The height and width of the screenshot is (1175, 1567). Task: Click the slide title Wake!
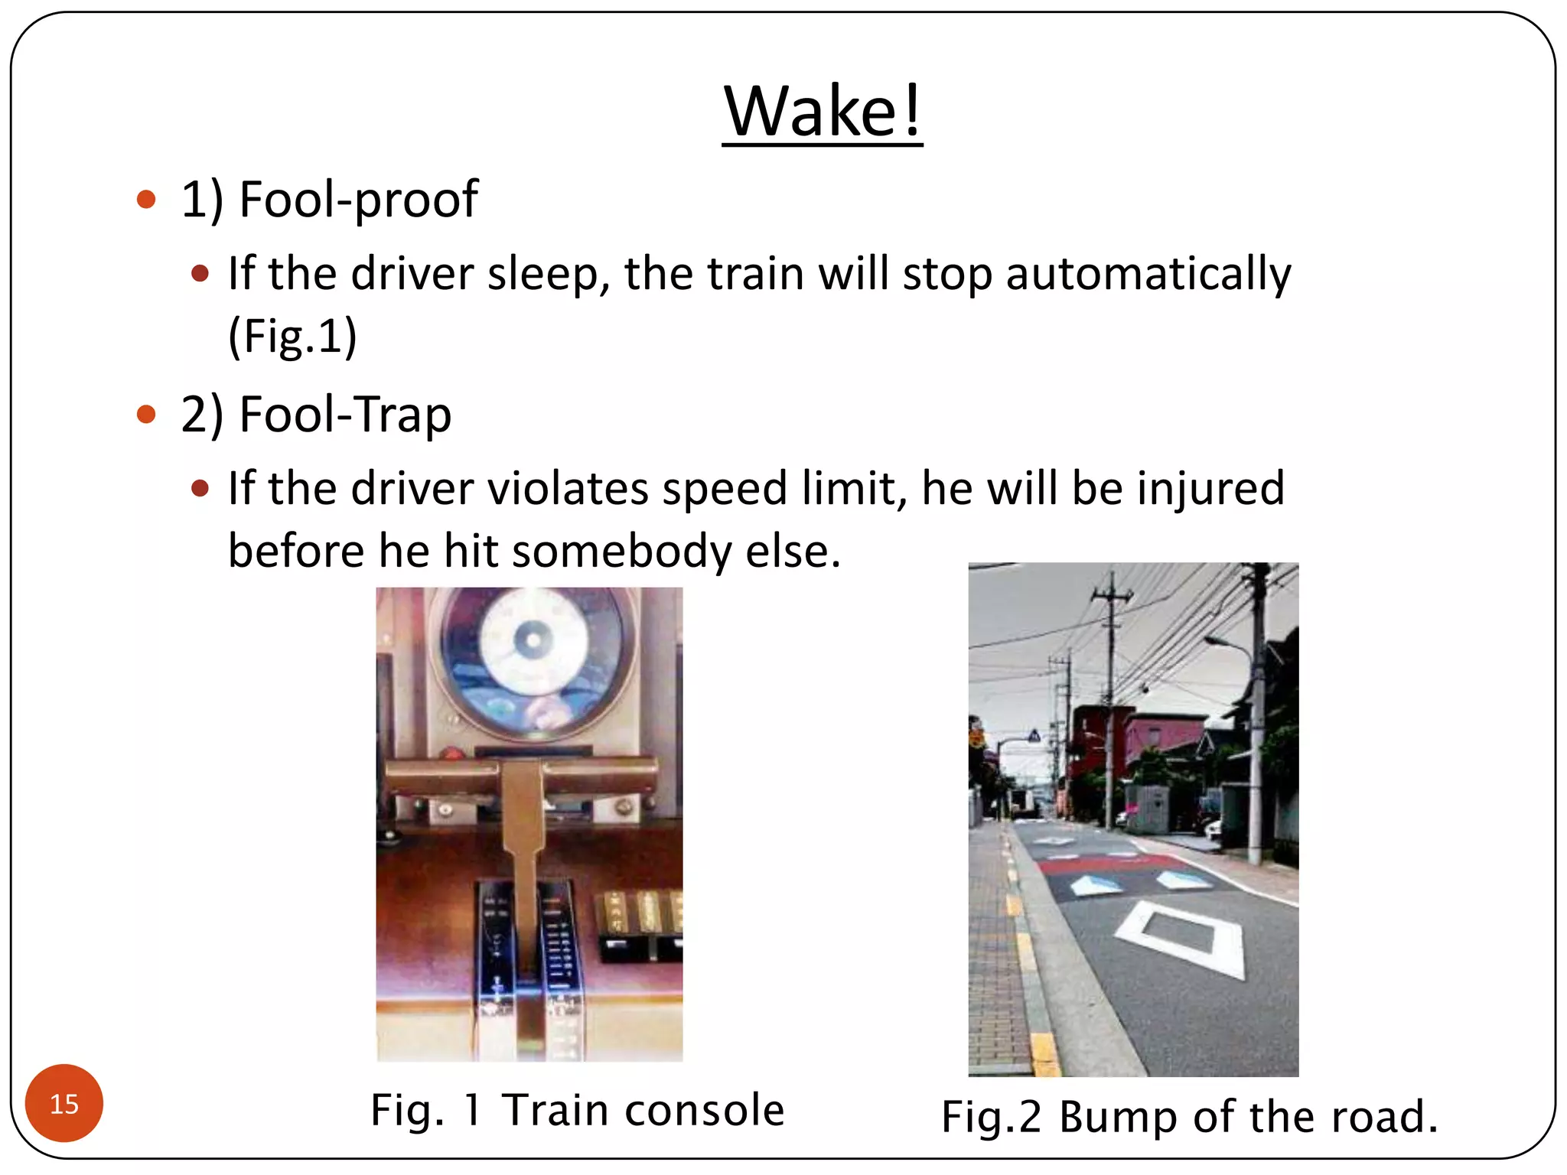click(823, 112)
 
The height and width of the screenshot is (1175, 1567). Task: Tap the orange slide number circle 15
click(64, 1103)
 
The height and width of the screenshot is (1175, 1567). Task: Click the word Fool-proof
click(358, 200)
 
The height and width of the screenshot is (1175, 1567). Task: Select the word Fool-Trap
click(345, 415)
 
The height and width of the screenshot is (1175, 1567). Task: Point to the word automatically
click(1148, 274)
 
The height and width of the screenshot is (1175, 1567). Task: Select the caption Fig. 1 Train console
click(578, 1110)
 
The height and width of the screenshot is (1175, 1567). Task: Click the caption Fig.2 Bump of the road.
click(1189, 1117)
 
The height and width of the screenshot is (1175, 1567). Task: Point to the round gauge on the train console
click(533, 661)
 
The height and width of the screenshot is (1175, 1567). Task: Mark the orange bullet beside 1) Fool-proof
click(146, 200)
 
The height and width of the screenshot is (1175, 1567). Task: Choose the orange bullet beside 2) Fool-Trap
click(146, 415)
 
